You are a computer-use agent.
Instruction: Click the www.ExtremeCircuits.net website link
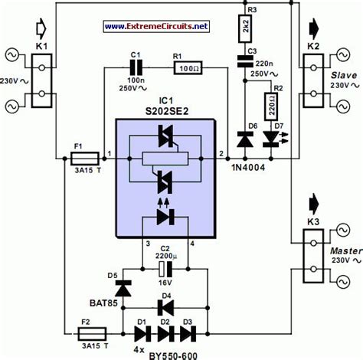pyautogui.click(x=156, y=26)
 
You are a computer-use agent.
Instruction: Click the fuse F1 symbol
pyautogui.click(x=83, y=160)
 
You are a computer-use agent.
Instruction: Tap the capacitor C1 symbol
pyautogui.click(x=138, y=67)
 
